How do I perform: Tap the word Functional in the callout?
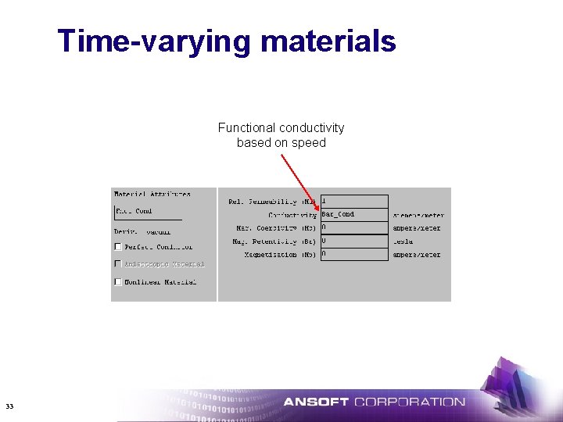click(x=246, y=127)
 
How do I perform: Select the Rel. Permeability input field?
click(x=353, y=202)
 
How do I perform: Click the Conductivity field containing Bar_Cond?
click(x=353, y=215)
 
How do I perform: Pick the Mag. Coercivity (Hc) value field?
click(x=353, y=228)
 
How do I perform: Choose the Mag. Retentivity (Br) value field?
click(x=353, y=241)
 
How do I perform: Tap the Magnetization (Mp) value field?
click(x=353, y=255)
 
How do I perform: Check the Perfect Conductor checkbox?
click(x=118, y=247)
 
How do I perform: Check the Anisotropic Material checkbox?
click(x=118, y=264)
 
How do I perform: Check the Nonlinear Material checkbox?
click(x=118, y=282)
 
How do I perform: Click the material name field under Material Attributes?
click(x=147, y=211)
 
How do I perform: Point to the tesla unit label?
click(x=403, y=241)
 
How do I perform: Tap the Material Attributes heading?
click(x=152, y=194)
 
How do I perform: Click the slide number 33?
click(x=9, y=406)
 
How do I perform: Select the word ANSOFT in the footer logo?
click(x=316, y=402)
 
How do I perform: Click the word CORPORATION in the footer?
click(x=410, y=402)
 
